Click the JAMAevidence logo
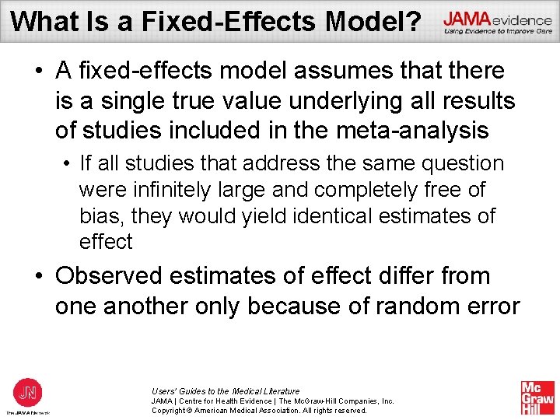(x=497, y=23)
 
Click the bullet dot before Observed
(x=39, y=277)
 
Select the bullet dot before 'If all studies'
(x=68, y=164)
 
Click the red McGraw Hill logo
(x=537, y=397)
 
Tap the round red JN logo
(x=28, y=392)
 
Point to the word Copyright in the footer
(x=171, y=411)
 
